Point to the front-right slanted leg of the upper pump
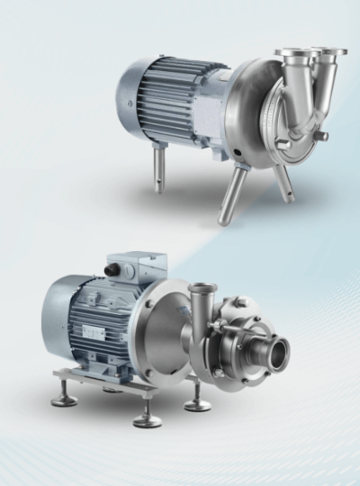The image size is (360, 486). pos(283,180)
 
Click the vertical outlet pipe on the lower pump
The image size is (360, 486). pos(202,310)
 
